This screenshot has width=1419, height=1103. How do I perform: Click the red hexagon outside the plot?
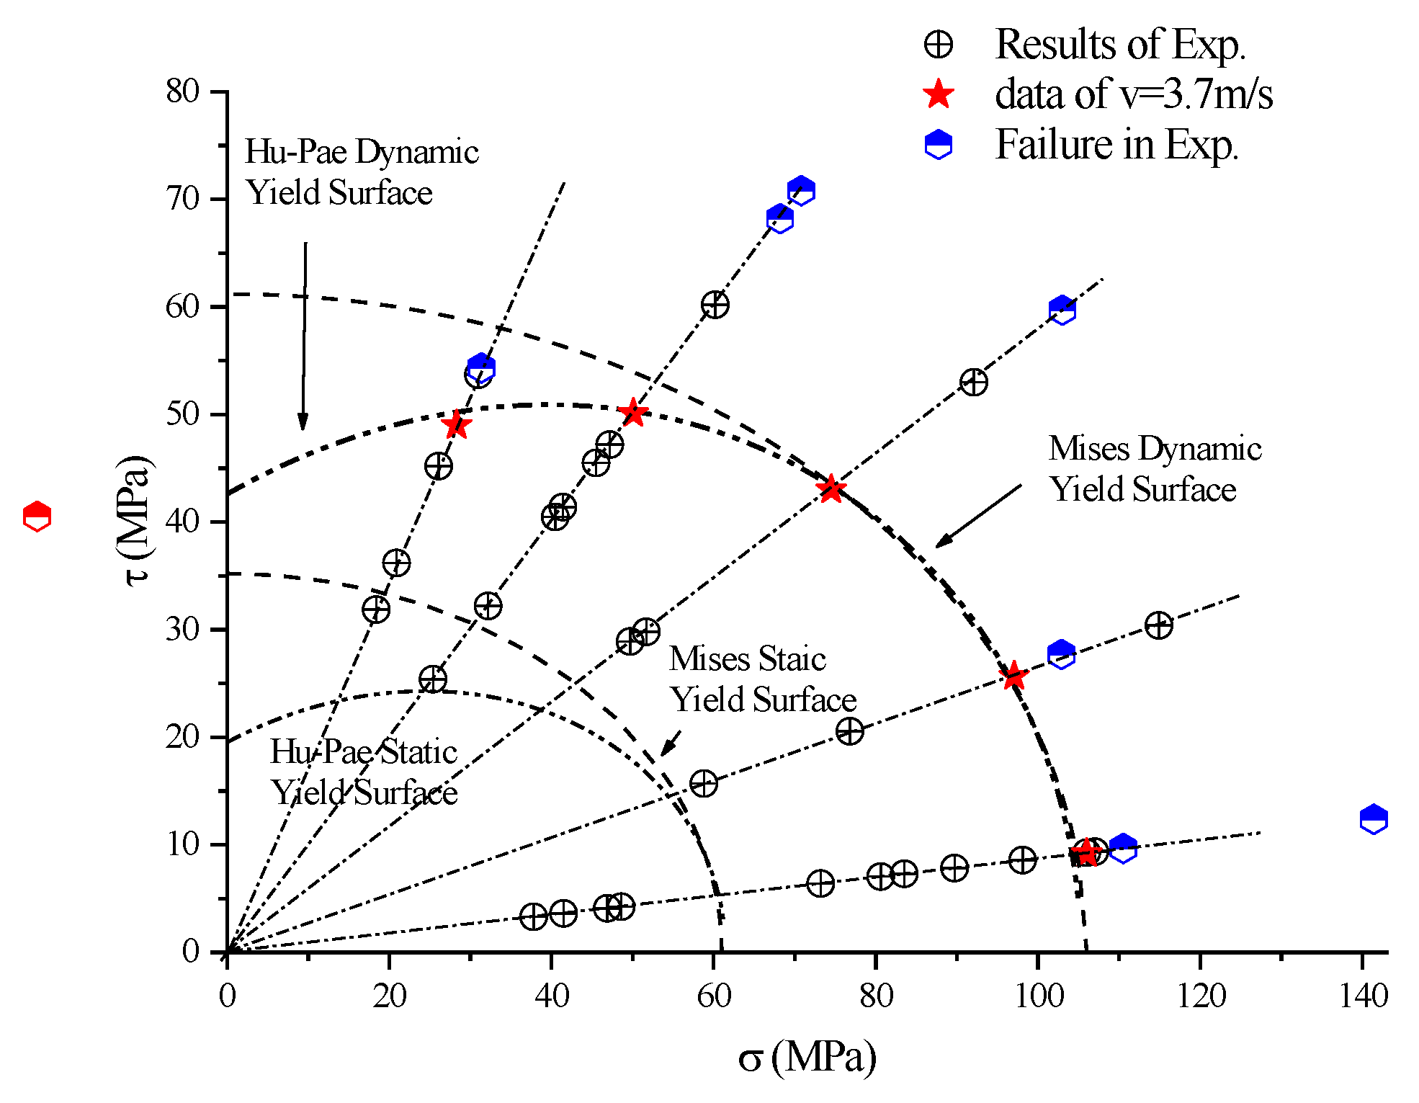click(x=37, y=517)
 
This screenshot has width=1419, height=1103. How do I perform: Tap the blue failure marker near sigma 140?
click(x=1374, y=819)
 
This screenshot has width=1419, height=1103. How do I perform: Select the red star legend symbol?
click(x=939, y=94)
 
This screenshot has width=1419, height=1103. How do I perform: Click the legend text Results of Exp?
click(x=1119, y=45)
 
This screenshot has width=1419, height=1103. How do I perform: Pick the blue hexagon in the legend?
click(x=938, y=145)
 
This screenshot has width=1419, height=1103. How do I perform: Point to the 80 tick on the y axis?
click(x=182, y=91)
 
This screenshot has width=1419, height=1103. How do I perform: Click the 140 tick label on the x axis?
click(x=1362, y=996)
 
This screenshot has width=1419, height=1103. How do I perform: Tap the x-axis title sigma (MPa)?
click(x=807, y=1057)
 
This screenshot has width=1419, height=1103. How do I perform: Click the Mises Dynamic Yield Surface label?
click(x=1154, y=468)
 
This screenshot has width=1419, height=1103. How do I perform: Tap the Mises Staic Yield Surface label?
click(x=762, y=679)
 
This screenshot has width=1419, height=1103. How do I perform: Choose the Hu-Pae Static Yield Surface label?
click(x=364, y=772)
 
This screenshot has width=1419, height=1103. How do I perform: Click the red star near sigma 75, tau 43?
click(x=831, y=489)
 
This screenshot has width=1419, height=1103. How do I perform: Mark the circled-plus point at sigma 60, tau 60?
click(x=715, y=305)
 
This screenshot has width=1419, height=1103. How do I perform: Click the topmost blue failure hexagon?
click(x=800, y=191)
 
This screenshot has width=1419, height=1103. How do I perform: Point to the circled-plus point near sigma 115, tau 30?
click(x=1158, y=625)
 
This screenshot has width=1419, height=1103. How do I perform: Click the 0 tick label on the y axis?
click(x=191, y=952)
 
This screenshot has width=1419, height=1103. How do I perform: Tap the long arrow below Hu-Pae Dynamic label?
click(x=304, y=335)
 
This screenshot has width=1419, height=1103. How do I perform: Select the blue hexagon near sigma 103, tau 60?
click(x=1062, y=311)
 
